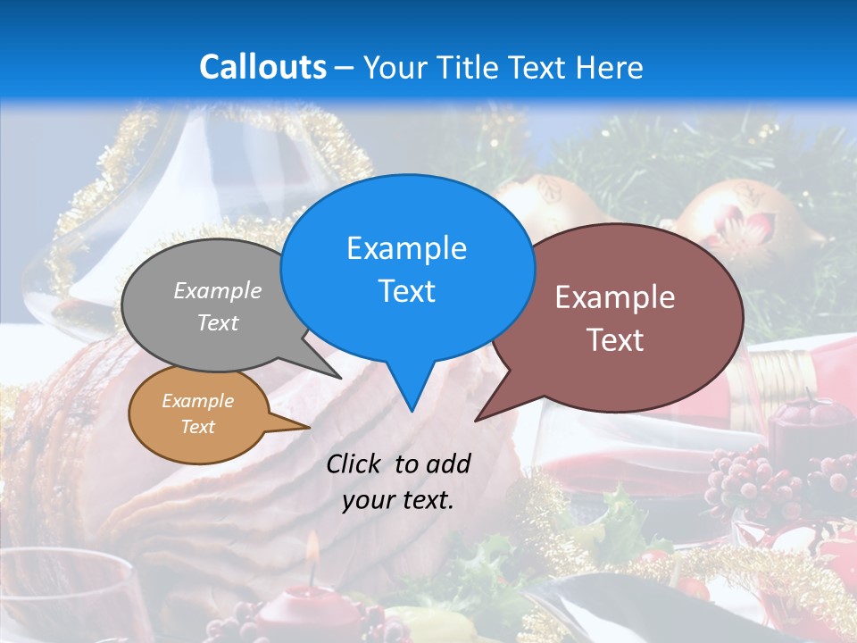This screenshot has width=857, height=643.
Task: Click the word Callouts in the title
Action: tap(262, 67)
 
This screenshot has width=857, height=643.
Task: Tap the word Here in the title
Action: tap(610, 67)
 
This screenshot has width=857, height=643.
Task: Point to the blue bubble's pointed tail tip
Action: tap(412, 410)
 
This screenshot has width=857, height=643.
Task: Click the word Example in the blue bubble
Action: tap(406, 247)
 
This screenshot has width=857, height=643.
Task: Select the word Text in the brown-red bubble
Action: tap(615, 340)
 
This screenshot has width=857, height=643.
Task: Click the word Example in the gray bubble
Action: tap(218, 290)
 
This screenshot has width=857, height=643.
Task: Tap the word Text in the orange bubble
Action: tap(197, 427)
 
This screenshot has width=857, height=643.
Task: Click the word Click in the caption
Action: tap(354, 463)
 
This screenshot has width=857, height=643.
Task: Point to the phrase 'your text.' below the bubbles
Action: tap(398, 500)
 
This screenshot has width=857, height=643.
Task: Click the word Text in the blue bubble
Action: tap(406, 291)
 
